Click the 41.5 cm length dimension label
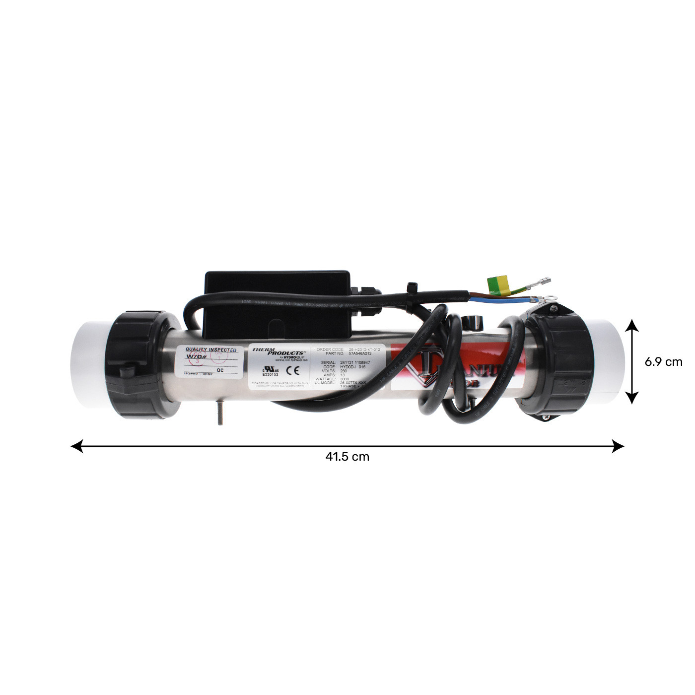347,457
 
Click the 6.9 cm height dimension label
663,362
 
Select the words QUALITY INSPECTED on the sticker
211,350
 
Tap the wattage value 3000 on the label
345,379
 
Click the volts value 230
344,371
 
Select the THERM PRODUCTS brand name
278,351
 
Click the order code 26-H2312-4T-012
365,349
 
